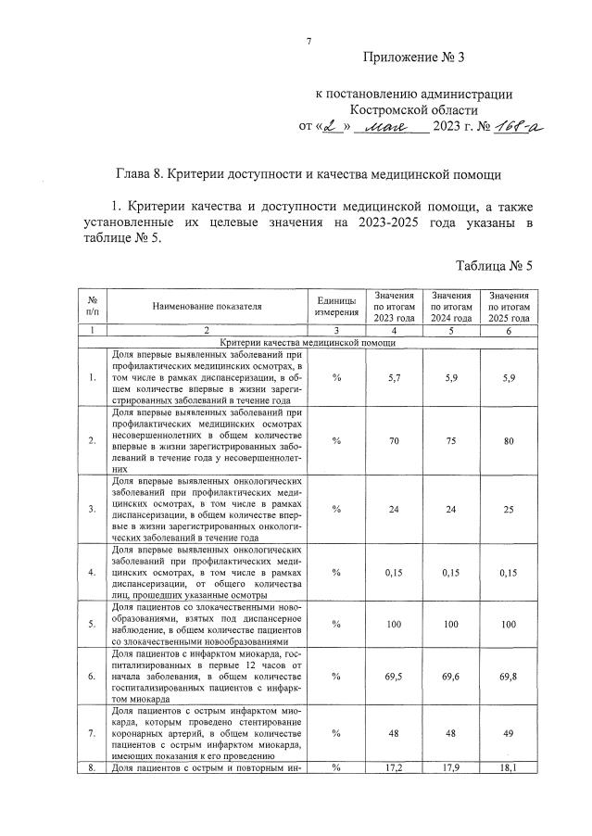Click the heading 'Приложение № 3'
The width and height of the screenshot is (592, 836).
pos(412,58)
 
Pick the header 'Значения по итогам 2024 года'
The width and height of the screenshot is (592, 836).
pos(452,305)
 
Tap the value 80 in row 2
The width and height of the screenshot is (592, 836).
pos(509,441)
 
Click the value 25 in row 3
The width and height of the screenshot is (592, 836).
pos(509,509)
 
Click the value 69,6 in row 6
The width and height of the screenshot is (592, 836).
pos(452,677)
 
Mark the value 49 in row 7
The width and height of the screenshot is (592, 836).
pos(509,733)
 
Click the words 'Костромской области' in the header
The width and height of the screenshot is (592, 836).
pos(413,108)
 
